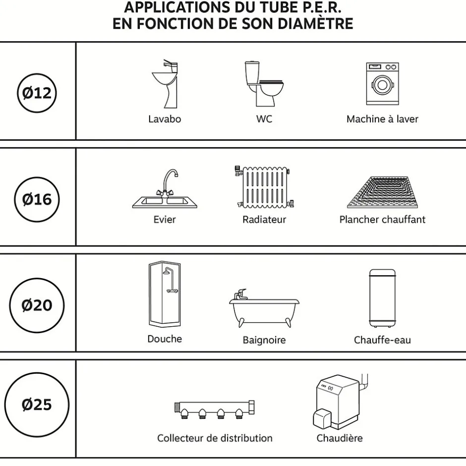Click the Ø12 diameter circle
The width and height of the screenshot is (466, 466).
37,93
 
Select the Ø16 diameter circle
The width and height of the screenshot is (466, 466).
37,199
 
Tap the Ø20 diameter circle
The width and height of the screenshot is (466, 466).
37,305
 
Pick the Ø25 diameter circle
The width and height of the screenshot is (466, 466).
37,405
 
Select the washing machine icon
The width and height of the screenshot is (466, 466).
382,84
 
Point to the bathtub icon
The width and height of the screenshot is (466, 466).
264,308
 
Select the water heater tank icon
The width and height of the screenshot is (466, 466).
382,297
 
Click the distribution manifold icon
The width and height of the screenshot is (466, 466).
215,409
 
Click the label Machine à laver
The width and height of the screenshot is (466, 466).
382,119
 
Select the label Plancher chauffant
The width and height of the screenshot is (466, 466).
382,219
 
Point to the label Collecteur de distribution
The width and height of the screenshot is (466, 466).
215,438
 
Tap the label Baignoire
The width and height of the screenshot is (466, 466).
264,340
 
